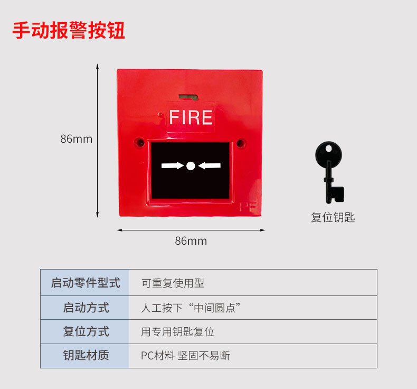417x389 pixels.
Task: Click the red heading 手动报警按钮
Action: [x=69, y=30]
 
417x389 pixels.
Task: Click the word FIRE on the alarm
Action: [x=191, y=117]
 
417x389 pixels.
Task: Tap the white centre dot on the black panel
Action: [x=191, y=166]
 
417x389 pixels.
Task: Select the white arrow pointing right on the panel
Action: [x=172, y=166]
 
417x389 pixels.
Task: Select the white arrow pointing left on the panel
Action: [x=210, y=166]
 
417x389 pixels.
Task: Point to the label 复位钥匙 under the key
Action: [x=333, y=217]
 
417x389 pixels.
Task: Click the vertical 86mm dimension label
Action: [x=76, y=139]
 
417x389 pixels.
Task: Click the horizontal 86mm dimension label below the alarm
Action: [x=191, y=241]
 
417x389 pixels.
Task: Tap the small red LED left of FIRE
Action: [x=160, y=113]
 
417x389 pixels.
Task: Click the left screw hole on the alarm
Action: [x=140, y=142]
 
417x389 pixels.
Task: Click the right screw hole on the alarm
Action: [x=241, y=143]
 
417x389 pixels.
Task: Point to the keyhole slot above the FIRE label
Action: [x=187, y=97]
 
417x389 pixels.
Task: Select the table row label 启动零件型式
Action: [x=86, y=283]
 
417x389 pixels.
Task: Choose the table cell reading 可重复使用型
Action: [x=173, y=283]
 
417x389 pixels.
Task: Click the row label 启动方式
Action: [x=86, y=308]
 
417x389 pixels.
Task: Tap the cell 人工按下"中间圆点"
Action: [x=192, y=308]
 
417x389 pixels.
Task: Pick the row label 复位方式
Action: [x=86, y=332]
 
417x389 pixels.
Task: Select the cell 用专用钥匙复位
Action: [x=177, y=332]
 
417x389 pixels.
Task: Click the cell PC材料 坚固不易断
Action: [x=185, y=356]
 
